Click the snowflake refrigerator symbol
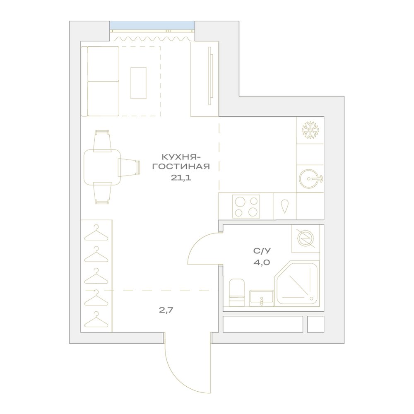(x=310, y=130)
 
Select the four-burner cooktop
(x=246, y=207)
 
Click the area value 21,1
(x=181, y=178)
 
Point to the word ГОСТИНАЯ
(x=181, y=166)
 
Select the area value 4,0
(x=262, y=262)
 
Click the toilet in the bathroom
(x=236, y=293)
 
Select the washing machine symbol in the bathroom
(x=306, y=239)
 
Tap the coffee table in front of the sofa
(x=138, y=83)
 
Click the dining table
(x=102, y=167)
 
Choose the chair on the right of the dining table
(x=129, y=167)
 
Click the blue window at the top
(x=152, y=26)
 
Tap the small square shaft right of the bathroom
(x=315, y=325)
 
